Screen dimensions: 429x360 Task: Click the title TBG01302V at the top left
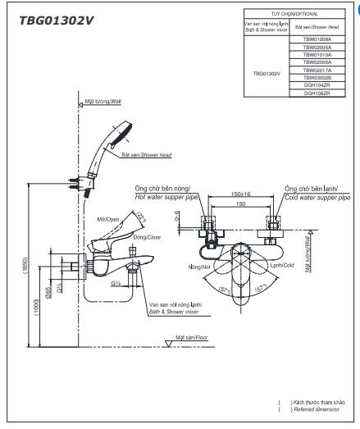[56, 21]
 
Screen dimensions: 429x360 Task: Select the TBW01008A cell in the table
[317, 39]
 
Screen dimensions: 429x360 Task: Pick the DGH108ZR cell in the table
[317, 93]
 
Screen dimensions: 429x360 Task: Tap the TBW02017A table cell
[317, 70]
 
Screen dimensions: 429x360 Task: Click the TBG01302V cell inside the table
[267, 72]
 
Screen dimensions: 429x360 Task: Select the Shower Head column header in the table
[317, 27]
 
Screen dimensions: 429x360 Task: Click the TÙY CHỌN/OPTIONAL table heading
[292, 14]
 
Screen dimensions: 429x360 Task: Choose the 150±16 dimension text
[240, 195]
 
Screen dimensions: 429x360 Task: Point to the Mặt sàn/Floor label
[194, 337]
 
